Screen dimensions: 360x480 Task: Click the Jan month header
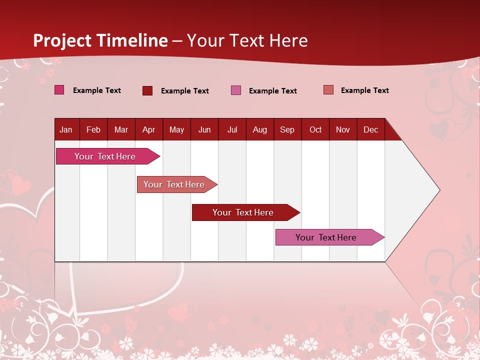click(66, 130)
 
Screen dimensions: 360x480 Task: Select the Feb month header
click(93, 130)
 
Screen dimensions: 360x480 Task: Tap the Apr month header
click(148, 130)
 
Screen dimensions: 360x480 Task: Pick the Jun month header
click(204, 130)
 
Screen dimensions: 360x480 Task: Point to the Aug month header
click(259, 130)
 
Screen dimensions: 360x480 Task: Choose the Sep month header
click(287, 130)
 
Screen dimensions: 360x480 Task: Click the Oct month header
click(315, 130)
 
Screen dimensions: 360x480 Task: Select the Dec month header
click(370, 130)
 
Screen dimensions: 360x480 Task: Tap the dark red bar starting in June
click(243, 212)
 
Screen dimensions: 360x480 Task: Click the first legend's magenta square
click(59, 90)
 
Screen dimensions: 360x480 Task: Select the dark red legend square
click(147, 90)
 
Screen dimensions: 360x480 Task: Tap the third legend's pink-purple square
click(236, 90)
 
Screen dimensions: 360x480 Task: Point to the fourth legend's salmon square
click(328, 90)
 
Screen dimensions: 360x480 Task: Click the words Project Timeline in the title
click(100, 40)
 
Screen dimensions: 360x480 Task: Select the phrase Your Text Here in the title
click(247, 40)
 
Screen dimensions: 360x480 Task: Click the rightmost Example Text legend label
click(364, 90)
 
